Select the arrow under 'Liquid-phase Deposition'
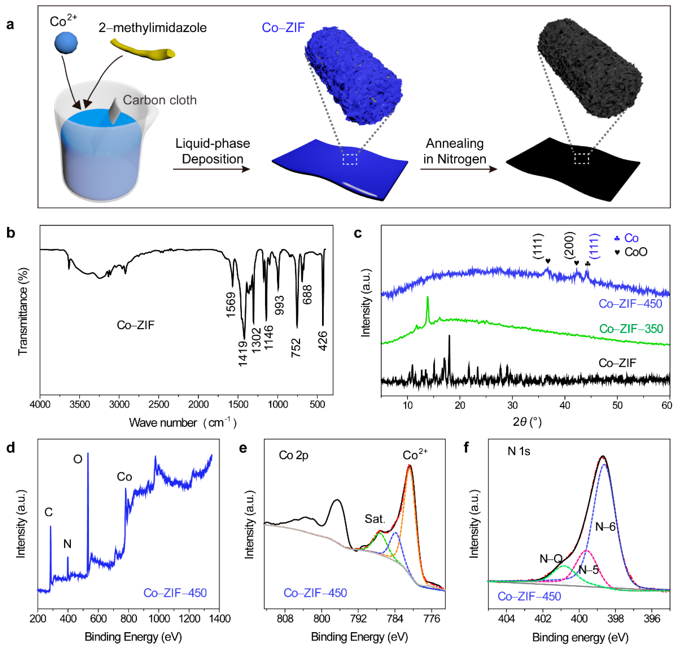[211, 169]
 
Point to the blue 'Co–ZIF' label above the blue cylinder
[283, 28]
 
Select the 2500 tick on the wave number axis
[159, 404]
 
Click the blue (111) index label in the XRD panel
[594, 246]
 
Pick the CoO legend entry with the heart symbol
[631, 252]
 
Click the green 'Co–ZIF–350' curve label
[631, 329]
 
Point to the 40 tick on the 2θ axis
[565, 405]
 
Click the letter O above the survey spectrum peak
[78, 459]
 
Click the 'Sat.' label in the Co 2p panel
[375, 519]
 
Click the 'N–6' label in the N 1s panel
[605, 526]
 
